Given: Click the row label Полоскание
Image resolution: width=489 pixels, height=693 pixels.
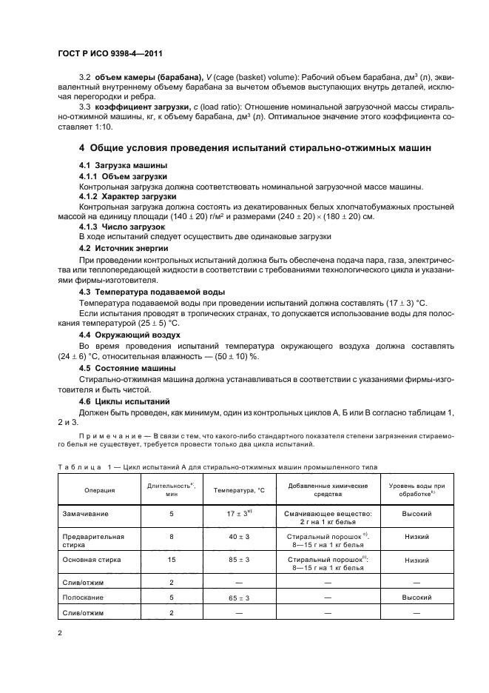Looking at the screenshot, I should (83, 597).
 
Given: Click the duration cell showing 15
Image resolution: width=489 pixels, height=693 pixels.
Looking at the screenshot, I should (171, 560).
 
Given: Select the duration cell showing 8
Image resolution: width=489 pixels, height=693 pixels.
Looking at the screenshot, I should (171, 536).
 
